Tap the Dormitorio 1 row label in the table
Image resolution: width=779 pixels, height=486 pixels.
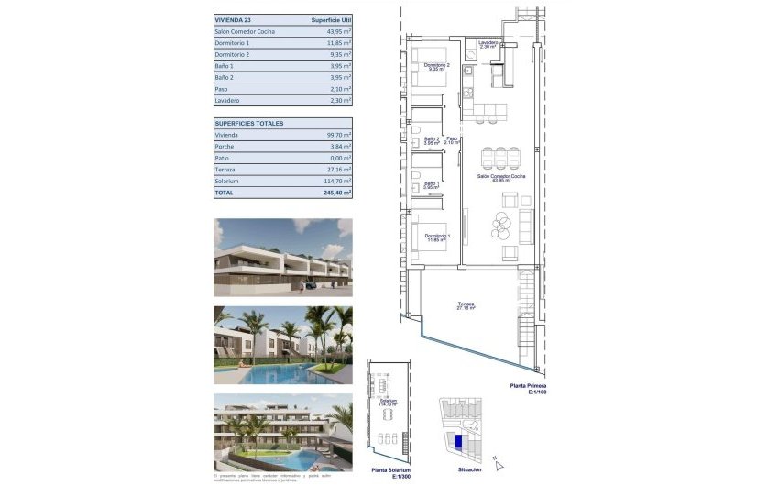232,43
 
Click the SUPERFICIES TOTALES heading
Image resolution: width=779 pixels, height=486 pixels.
249,123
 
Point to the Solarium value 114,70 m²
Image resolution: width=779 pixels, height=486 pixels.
335,182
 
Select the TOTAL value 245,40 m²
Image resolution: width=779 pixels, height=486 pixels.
335,193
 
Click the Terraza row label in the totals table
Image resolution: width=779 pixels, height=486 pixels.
226,170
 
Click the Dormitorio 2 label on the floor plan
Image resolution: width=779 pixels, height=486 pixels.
436,66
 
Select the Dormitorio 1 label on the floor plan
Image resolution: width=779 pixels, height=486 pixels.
436,238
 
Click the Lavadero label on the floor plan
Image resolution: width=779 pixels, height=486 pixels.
487,43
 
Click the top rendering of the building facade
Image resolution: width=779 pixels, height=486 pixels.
282,257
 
